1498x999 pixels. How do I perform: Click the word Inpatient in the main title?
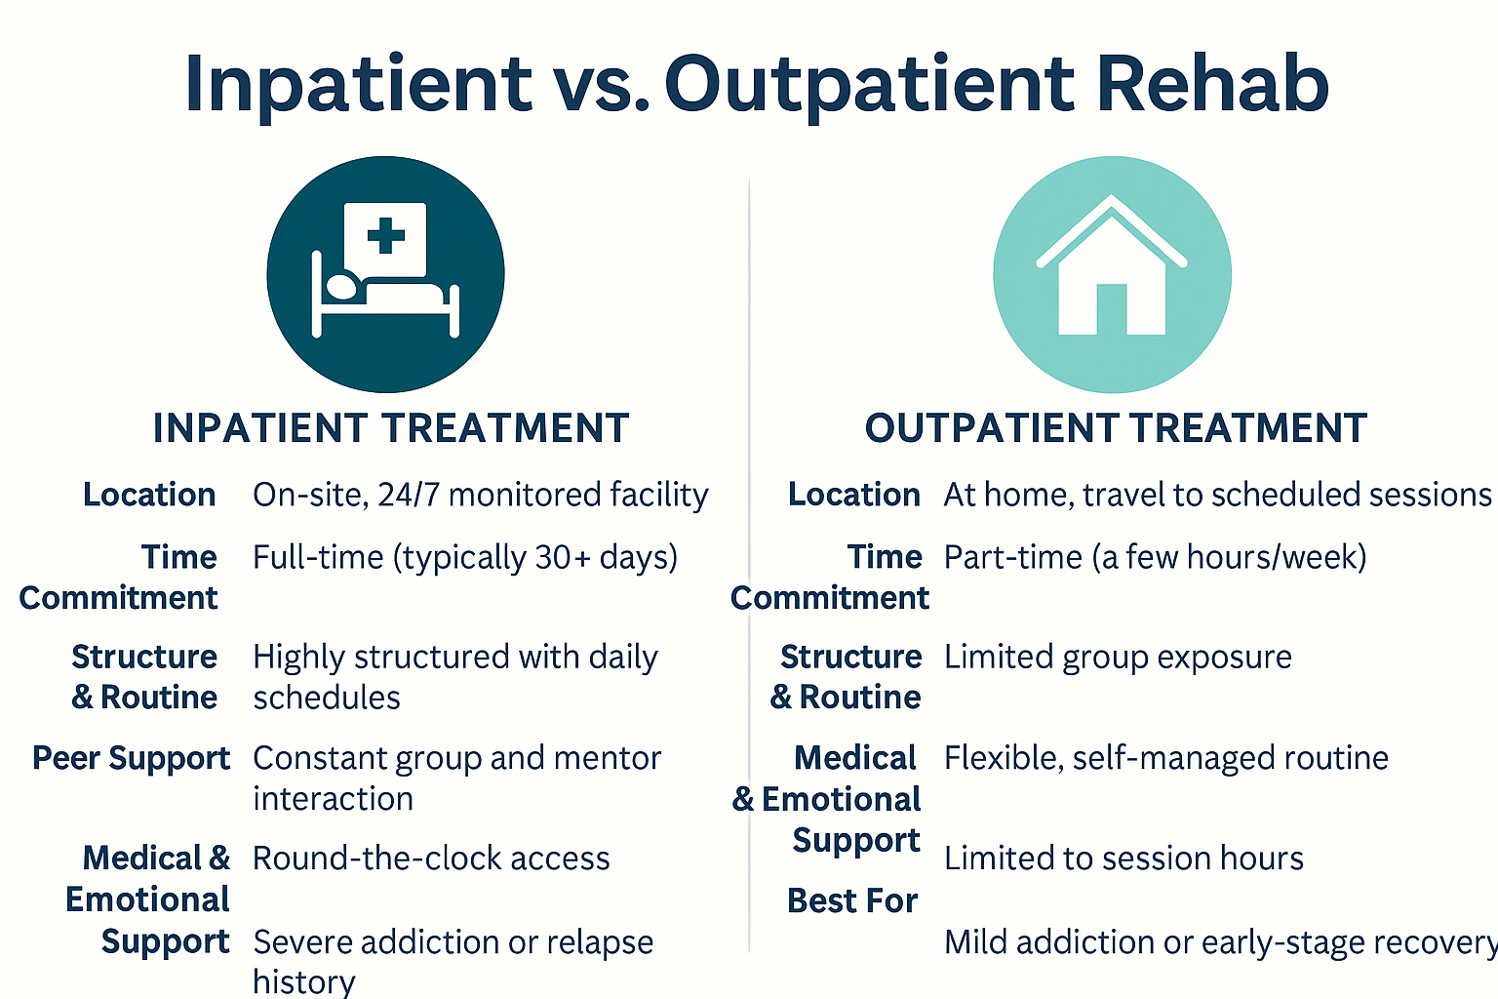[357, 84]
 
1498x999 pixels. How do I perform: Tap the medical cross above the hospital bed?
[386, 235]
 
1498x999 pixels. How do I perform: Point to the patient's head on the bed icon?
[341, 287]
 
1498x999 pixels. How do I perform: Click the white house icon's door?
[1112, 309]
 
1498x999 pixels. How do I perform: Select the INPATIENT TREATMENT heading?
[391, 428]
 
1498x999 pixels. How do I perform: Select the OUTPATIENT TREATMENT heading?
[1116, 428]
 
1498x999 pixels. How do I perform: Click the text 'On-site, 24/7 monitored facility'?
[480, 496]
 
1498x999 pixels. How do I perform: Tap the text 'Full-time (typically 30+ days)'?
[465, 557]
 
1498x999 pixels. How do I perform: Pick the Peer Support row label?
[131, 758]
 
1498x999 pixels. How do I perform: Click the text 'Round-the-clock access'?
[431, 859]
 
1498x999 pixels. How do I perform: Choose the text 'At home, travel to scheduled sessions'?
[1217, 496]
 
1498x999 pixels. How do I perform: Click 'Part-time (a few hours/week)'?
[1155, 557]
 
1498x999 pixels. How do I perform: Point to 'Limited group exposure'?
[1118, 658]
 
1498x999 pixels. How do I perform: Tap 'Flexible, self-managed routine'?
[1165, 758]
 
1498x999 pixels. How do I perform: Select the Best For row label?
[852, 900]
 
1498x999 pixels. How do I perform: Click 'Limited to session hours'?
[1123, 859]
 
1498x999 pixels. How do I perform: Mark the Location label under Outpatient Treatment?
[853, 496]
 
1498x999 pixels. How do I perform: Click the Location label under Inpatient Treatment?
[149, 496]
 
